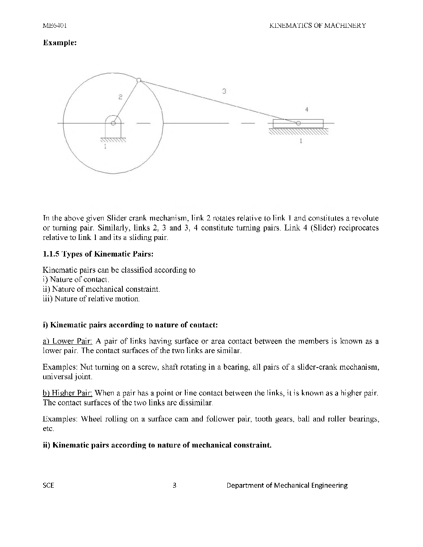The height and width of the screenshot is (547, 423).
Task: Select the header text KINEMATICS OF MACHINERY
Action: click(x=317, y=25)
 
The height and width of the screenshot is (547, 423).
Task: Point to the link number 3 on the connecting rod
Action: click(x=224, y=91)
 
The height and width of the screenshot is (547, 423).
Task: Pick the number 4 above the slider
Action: click(x=306, y=110)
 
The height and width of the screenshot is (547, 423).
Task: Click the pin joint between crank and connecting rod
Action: click(x=139, y=80)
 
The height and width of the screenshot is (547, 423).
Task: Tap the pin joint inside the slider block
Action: click(x=298, y=123)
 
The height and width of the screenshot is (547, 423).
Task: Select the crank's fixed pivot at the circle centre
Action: click(x=113, y=123)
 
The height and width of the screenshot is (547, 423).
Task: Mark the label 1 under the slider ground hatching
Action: click(x=301, y=141)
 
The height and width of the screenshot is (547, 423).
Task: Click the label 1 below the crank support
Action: click(x=105, y=146)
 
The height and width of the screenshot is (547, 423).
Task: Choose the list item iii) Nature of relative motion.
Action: click(x=92, y=299)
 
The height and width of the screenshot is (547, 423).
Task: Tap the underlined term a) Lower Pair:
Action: click(x=68, y=341)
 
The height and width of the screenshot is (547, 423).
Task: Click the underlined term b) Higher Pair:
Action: click(x=68, y=393)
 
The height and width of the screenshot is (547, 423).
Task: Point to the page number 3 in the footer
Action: click(x=175, y=485)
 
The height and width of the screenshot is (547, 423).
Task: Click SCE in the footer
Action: click(x=49, y=485)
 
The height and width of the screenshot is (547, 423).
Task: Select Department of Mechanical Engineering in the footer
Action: click(x=287, y=485)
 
